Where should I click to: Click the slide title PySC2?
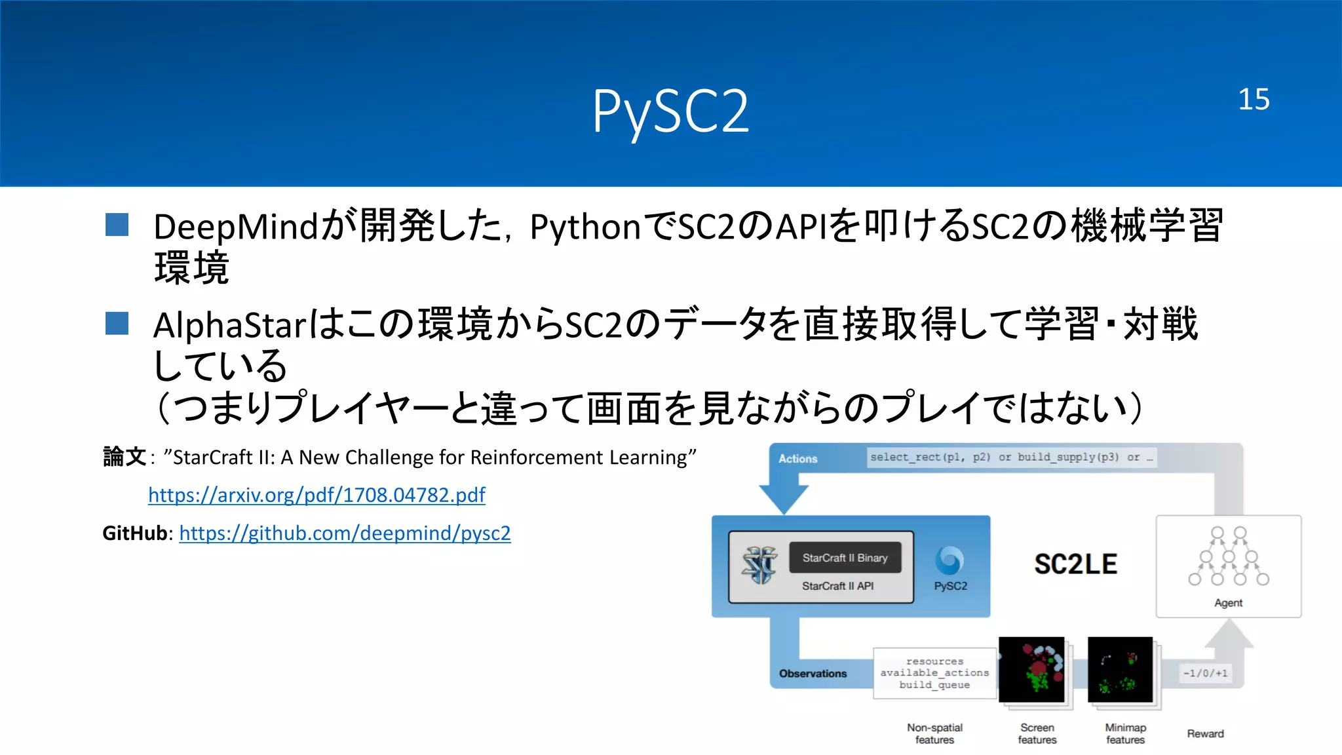coord(670,111)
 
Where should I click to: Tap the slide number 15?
coord(1254,100)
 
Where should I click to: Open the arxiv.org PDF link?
coord(316,495)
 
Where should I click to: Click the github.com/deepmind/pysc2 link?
coord(345,533)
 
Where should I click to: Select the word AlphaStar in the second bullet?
coord(229,325)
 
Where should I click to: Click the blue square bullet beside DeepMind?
coord(117,225)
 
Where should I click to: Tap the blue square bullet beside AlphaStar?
coord(117,323)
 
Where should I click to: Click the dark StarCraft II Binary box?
coord(845,558)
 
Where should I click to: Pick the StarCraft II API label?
coord(837,586)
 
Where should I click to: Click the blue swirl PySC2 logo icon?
coord(949,560)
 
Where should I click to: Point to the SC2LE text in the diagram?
coord(1075,564)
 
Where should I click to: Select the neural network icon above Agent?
coord(1228,556)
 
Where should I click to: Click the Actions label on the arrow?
coord(797,459)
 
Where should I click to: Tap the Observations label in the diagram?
coord(813,674)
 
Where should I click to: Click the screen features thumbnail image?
coord(1031,670)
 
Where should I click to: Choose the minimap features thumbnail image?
coord(1120,670)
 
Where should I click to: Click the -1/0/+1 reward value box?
coord(1205,673)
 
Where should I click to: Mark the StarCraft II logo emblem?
coord(759,565)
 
